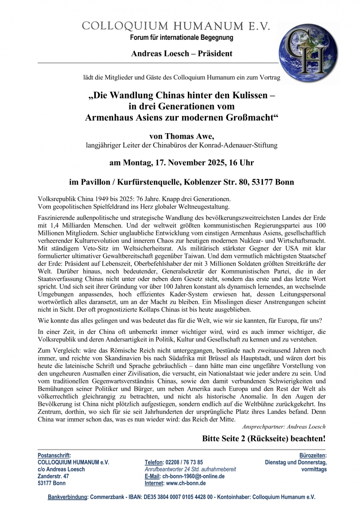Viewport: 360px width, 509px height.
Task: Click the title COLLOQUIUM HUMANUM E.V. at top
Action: click(176, 26)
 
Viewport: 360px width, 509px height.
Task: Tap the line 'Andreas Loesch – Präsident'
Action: click(181, 53)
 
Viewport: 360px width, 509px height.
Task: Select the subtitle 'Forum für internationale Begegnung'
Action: click(181, 38)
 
